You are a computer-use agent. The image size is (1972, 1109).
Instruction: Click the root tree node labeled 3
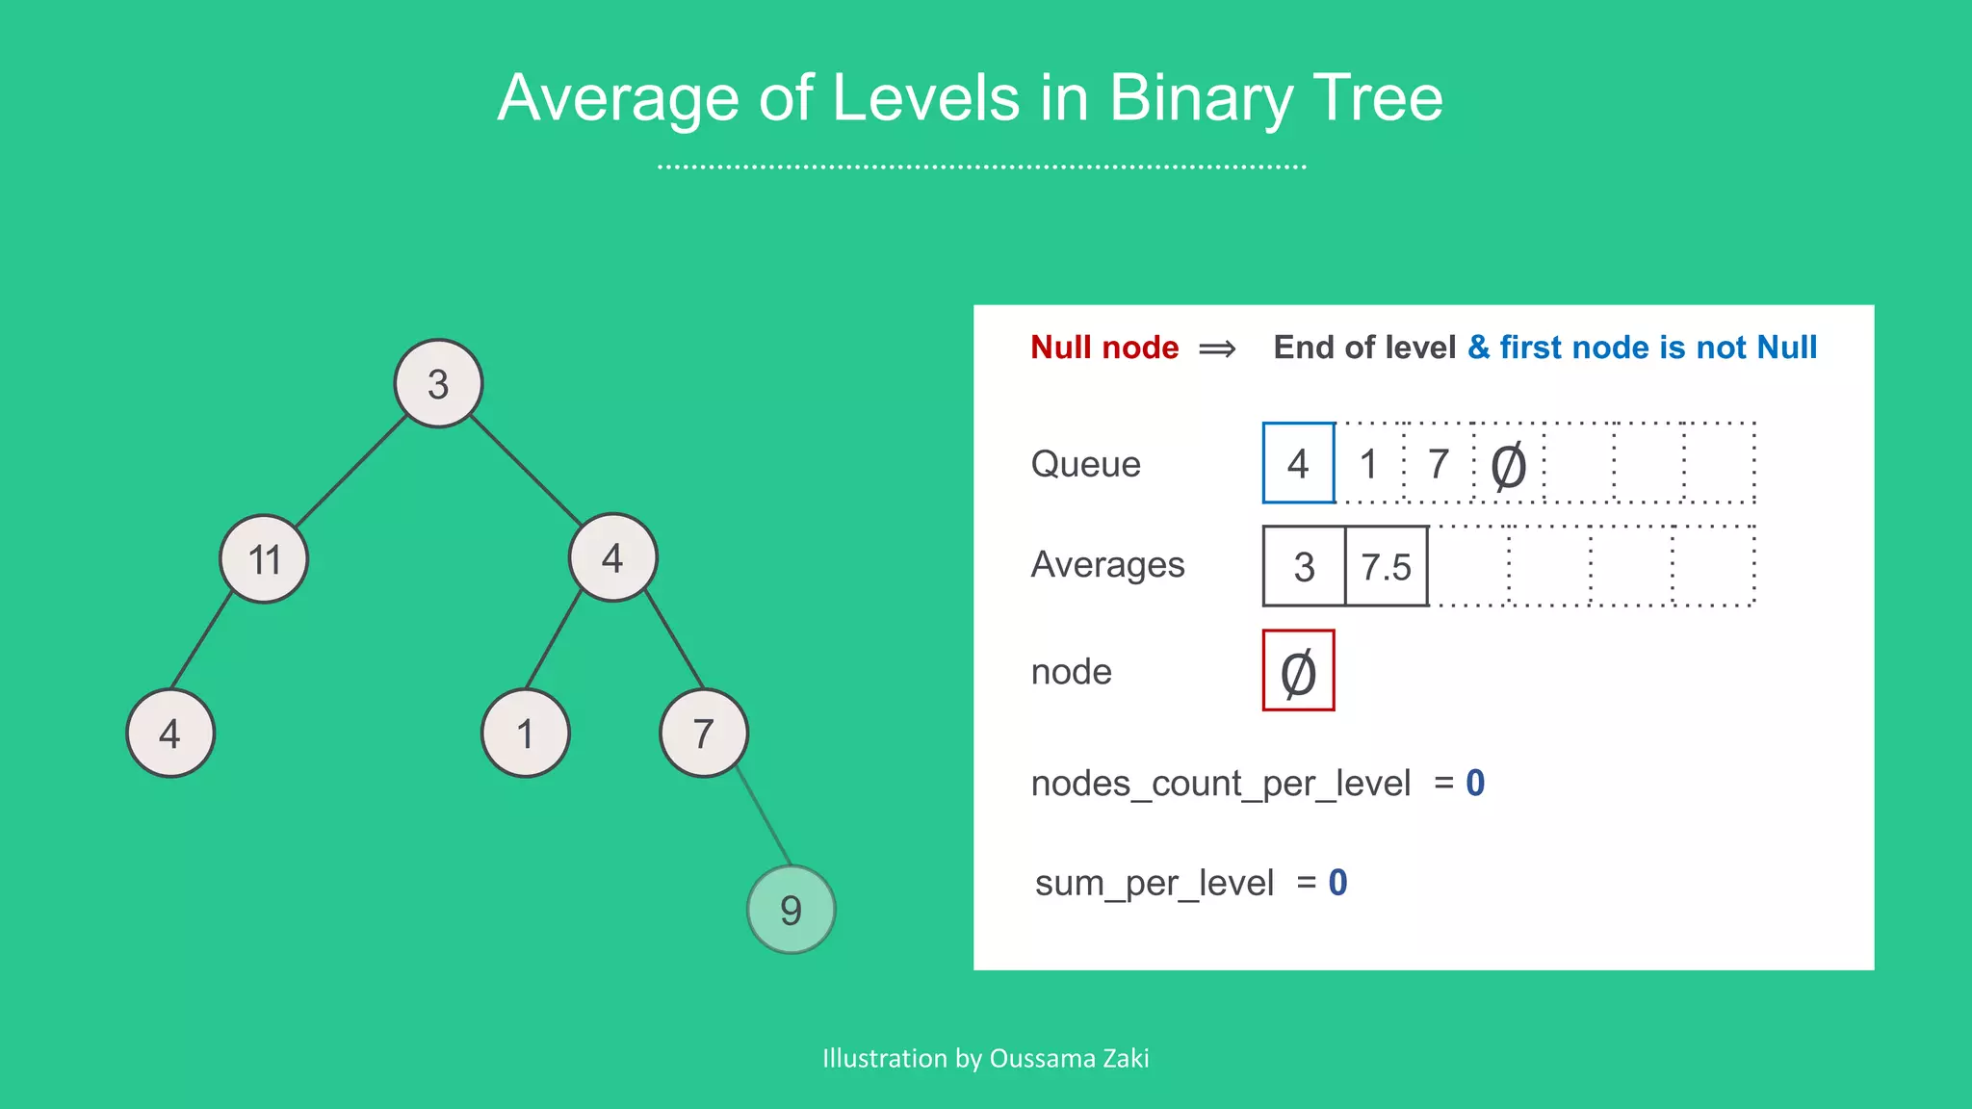(438, 383)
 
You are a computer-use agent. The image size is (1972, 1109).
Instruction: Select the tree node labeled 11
(264, 558)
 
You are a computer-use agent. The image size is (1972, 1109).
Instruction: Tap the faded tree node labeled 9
(791, 909)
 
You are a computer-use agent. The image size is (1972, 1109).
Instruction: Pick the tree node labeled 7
(704, 734)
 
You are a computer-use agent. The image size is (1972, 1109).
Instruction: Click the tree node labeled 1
(525, 734)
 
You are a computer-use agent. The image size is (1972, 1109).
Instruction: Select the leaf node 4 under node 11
(170, 734)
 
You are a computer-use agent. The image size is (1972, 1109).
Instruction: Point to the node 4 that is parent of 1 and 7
(612, 557)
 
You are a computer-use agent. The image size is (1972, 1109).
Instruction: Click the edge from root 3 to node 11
(351, 471)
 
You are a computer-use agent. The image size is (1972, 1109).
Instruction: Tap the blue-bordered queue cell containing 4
(1298, 463)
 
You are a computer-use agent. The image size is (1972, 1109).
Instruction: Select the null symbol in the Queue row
(1508, 466)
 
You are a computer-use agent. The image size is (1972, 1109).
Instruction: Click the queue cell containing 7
(1439, 464)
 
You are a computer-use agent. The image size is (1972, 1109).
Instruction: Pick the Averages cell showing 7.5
(1386, 566)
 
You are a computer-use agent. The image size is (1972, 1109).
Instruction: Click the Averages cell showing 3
(1304, 566)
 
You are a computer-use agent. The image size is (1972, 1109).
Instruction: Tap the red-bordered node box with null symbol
(1298, 671)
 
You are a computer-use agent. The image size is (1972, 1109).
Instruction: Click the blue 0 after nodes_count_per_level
(1475, 783)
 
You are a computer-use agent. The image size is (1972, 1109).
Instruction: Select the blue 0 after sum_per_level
(1337, 882)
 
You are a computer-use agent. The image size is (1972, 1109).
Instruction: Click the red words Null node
(1104, 347)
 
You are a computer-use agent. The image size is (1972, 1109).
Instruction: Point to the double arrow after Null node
(1217, 348)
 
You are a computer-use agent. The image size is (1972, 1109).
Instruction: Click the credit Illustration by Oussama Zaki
(985, 1058)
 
